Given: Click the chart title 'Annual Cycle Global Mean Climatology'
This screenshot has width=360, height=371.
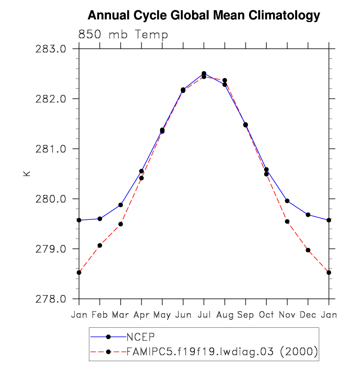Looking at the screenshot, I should tap(203, 16).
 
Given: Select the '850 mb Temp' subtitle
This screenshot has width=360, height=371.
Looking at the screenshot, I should tap(123, 35).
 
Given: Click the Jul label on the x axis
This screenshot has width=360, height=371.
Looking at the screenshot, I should tap(204, 314).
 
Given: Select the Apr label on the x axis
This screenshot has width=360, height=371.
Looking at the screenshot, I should tap(141, 314).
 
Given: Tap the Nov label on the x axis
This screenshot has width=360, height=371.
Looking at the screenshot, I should tap(287, 314).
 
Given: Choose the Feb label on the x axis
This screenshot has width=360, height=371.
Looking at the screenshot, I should tap(100, 314).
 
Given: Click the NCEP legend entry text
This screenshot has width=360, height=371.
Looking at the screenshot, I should tap(141, 337).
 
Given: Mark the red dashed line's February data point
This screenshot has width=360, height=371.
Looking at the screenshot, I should tap(100, 245).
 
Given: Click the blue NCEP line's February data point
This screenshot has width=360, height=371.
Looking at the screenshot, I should tap(100, 219).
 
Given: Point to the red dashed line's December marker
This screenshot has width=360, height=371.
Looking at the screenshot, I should tap(308, 250).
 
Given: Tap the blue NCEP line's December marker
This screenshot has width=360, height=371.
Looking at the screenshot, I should tap(308, 214).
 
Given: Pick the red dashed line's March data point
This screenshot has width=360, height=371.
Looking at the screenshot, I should tap(120, 224).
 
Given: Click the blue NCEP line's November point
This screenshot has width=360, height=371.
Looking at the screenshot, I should tap(287, 201).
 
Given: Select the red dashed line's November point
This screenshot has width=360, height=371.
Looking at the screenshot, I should tap(287, 221).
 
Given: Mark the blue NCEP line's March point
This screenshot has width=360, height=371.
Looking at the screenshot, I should tap(120, 205).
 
